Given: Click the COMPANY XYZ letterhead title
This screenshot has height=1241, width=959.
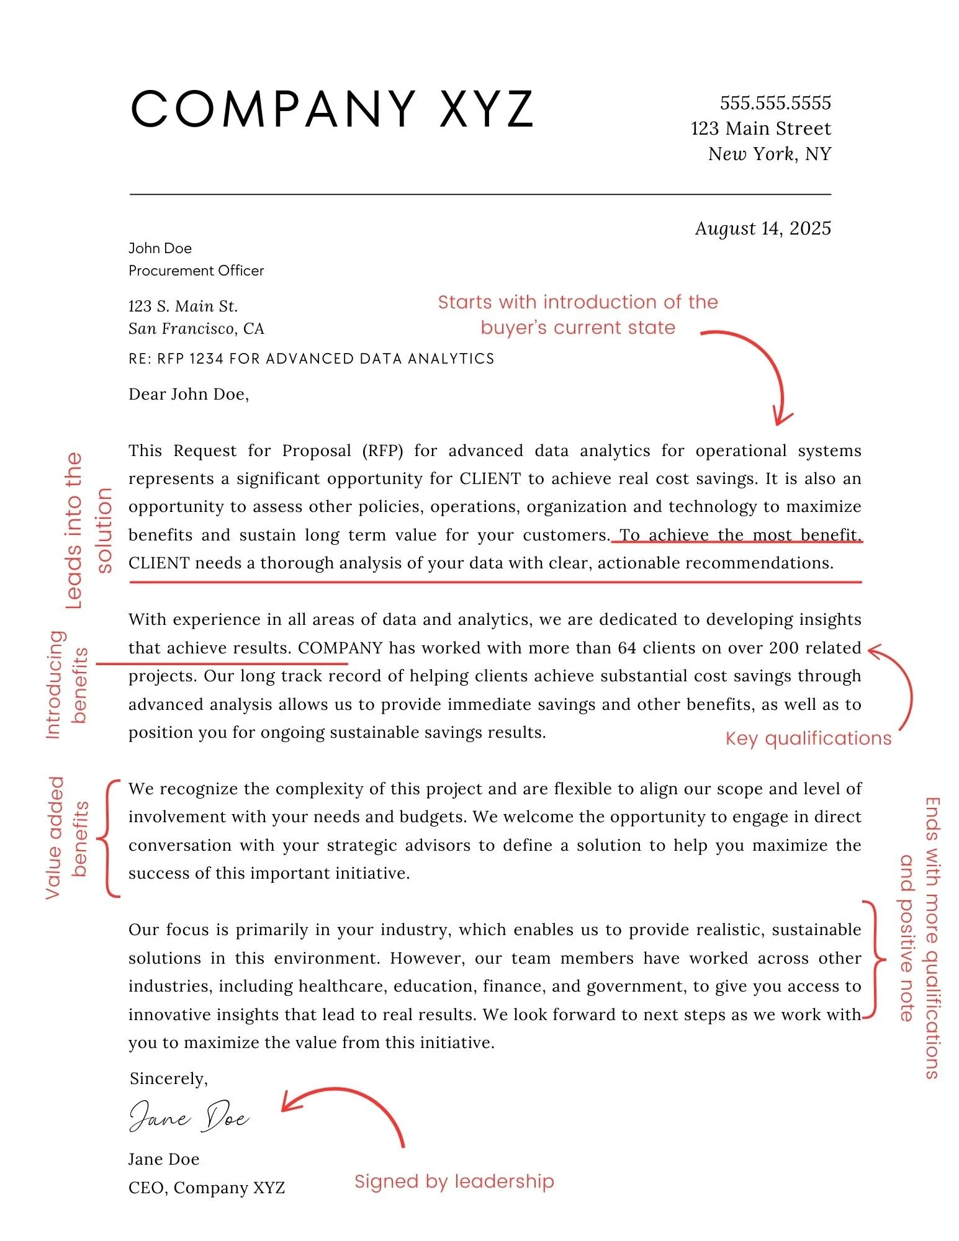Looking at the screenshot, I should tap(332, 109).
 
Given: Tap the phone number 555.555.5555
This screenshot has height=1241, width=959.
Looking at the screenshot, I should tap(775, 103).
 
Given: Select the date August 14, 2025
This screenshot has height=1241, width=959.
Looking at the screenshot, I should tap(762, 228).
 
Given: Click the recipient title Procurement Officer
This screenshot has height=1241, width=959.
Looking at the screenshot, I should tap(196, 271).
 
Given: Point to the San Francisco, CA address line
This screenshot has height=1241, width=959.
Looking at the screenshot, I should tap(196, 328).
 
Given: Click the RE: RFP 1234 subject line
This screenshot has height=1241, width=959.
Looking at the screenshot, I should tap(311, 359).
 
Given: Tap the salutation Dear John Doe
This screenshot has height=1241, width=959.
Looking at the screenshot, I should tap(189, 394).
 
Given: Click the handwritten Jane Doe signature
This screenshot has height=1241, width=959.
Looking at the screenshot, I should tap(189, 1117).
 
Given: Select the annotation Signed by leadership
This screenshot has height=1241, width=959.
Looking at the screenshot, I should tap(454, 1181).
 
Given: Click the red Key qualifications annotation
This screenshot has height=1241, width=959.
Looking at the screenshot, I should tap(808, 738).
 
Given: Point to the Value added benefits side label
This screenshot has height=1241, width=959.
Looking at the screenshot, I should tap(67, 838).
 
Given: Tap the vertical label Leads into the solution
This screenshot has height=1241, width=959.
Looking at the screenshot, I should tap(88, 531).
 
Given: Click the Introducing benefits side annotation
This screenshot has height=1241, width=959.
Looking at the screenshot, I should tap(67, 684).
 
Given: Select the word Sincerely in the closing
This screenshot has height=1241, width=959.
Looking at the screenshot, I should tap(168, 1078).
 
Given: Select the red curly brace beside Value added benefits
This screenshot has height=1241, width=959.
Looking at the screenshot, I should tap(110, 838).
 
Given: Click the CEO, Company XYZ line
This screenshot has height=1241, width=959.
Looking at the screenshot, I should tap(206, 1187).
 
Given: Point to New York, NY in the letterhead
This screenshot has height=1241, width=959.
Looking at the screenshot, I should tap(769, 154).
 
